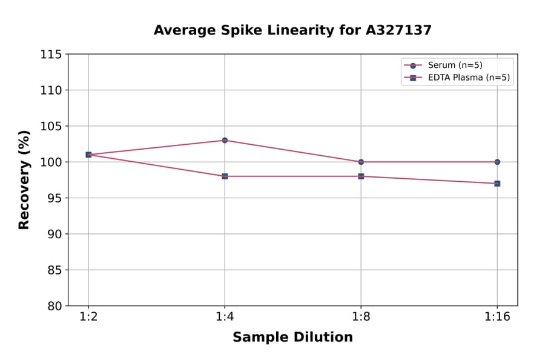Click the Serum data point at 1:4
[x=225, y=140]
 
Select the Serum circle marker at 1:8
[x=361, y=162]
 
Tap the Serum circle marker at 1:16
[x=497, y=162]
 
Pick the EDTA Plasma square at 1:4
[x=225, y=176]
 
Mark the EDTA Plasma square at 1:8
[x=361, y=176]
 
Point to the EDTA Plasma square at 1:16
[x=497, y=183]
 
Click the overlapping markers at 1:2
[x=88, y=155]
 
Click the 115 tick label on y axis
[x=51, y=55]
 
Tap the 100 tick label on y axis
[x=51, y=162]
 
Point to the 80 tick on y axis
[x=54, y=306]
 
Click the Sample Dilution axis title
[x=292, y=338]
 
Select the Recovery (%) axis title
[x=24, y=180]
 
